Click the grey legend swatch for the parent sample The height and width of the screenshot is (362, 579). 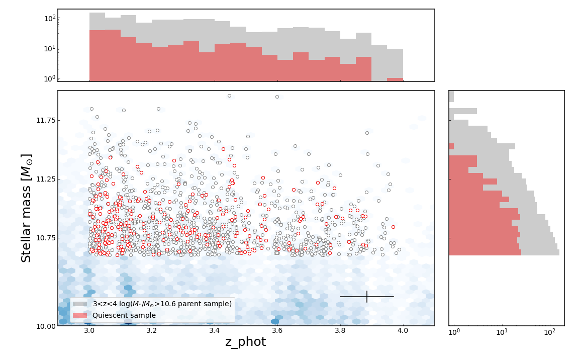[80, 304]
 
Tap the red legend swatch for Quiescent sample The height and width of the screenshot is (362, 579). [80, 315]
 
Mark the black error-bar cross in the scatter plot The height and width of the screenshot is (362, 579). [367, 297]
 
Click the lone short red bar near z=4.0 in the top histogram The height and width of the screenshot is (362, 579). [395, 79]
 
